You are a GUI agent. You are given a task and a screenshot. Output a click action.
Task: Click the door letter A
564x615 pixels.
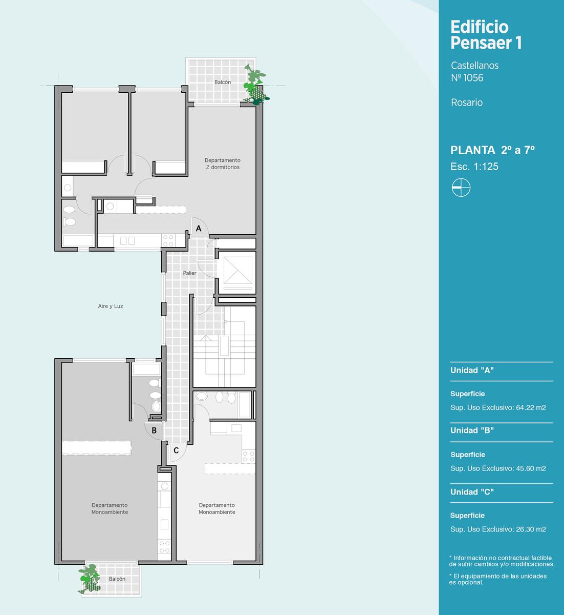pyautogui.click(x=199, y=229)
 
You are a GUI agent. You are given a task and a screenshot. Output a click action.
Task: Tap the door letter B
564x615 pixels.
pyautogui.click(x=154, y=430)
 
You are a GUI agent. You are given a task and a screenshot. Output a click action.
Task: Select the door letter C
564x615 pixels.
pyautogui.click(x=176, y=450)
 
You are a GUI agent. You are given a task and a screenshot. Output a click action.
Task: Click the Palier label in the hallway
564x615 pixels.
pyautogui.click(x=189, y=273)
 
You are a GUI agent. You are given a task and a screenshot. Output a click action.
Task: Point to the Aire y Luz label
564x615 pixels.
pyautogui.click(x=111, y=306)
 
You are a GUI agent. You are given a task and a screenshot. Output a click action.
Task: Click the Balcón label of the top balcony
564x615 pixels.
pyautogui.click(x=223, y=82)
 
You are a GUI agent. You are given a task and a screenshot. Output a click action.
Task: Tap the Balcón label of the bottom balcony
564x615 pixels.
pyautogui.click(x=117, y=579)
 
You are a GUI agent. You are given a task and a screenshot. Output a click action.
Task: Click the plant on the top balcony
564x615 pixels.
pyautogui.click(x=256, y=85)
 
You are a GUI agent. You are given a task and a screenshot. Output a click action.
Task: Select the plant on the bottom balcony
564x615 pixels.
pyautogui.click(x=89, y=579)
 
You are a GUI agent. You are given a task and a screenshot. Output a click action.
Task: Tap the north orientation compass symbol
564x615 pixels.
pyautogui.click(x=461, y=188)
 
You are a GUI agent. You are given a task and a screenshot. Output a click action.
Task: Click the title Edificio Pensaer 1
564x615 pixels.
pyautogui.click(x=486, y=35)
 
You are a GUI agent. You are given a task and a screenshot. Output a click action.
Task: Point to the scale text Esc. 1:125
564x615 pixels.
pyautogui.click(x=474, y=167)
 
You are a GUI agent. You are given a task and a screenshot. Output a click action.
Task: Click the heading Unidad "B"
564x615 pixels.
pyautogui.click(x=472, y=430)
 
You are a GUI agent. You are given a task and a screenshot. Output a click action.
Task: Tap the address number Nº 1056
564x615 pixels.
pyautogui.click(x=467, y=78)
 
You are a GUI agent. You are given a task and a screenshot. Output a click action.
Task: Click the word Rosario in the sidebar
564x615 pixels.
pyautogui.click(x=467, y=102)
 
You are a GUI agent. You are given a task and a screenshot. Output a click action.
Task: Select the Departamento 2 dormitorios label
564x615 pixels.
pyautogui.click(x=223, y=163)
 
